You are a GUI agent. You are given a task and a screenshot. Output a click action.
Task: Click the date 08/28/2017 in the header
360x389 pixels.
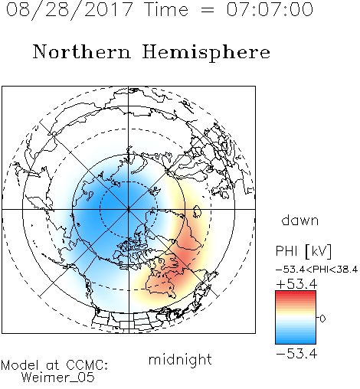(x=70, y=10)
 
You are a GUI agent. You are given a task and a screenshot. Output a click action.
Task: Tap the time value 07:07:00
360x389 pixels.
(x=270, y=9)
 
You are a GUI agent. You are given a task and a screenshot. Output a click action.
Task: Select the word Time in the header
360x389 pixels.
(x=166, y=9)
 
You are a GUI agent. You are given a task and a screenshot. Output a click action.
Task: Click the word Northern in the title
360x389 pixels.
(x=82, y=51)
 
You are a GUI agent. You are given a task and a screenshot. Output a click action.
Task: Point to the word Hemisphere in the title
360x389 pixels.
(x=206, y=53)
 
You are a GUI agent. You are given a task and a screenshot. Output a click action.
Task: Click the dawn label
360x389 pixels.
(x=300, y=220)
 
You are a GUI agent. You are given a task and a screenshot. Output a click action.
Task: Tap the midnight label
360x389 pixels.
(x=180, y=359)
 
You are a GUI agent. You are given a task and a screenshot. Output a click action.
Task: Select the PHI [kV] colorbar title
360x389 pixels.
(x=303, y=251)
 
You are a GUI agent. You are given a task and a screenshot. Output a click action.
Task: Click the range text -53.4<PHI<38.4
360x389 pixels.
(x=316, y=270)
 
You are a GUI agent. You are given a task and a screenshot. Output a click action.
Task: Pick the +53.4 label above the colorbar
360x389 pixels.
(x=296, y=284)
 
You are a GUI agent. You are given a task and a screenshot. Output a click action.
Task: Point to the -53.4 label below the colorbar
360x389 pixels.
(x=296, y=354)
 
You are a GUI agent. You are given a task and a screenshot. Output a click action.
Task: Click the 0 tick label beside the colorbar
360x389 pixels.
(x=322, y=319)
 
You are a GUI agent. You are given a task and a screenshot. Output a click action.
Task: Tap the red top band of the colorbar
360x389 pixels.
(x=296, y=293)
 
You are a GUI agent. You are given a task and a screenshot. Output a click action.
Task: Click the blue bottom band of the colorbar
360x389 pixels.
(x=296, y=341)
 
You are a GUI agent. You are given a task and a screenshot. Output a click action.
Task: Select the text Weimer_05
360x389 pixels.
(x=57, y=378)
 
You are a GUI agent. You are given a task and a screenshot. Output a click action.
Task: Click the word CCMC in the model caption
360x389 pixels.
(x=87, y=365)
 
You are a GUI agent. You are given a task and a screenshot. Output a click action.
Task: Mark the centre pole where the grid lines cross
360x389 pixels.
(x=129, y=209)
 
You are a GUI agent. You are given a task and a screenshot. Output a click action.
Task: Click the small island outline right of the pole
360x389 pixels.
(x=197, y=211)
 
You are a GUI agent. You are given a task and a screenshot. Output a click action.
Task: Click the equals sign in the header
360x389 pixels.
(x=208, y=10)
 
